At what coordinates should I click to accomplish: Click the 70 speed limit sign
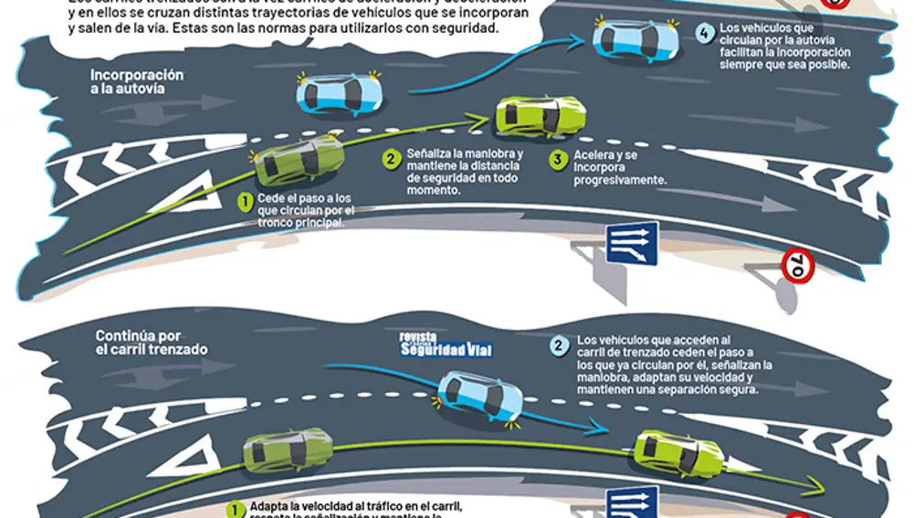(796, 267)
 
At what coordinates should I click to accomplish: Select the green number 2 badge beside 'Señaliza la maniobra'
(390, 159)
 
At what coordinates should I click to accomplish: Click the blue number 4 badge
(703, 35)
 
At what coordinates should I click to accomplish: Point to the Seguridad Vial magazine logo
(446, 344)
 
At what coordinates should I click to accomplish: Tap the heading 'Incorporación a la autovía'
(136, 81)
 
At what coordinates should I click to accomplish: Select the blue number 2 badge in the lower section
(558, 345)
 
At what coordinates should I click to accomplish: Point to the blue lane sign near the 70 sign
(631, 244)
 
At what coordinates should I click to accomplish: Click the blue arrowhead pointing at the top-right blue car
(576, 40)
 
